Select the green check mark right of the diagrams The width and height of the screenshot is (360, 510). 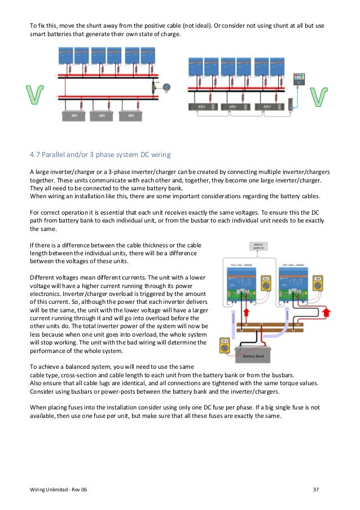[x=320, y=95]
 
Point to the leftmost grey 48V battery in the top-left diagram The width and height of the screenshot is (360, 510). [x=74, y=115]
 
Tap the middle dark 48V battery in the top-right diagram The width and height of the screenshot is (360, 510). [x=232, y=106]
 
